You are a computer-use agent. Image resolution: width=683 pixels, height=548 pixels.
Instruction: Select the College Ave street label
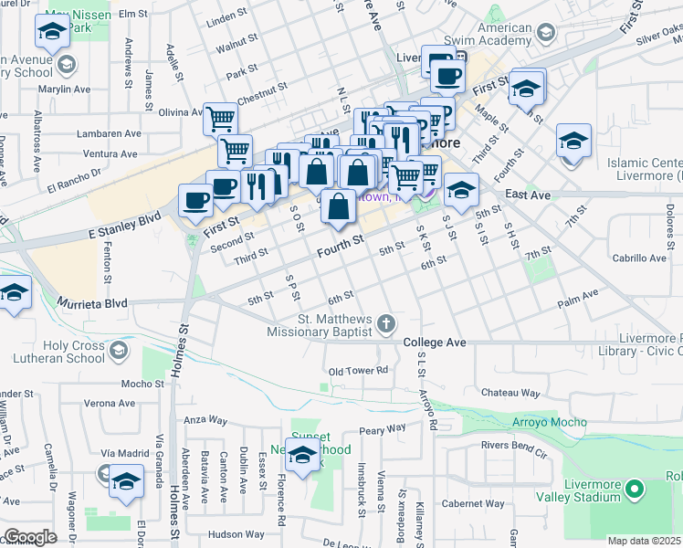pos(435,342)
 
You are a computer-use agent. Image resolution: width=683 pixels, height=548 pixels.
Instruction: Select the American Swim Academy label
pos(492,34)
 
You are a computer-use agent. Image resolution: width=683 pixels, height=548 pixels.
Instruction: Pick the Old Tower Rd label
pos(359,370)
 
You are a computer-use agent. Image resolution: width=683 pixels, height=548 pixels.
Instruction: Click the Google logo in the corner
pos(30,537)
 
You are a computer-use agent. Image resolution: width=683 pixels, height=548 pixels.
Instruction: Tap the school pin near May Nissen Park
pos(52,33)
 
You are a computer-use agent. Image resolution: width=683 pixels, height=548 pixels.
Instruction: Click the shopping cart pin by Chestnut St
pos(220,119)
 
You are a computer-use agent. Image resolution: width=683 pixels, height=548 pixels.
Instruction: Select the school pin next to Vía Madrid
pos(126,480)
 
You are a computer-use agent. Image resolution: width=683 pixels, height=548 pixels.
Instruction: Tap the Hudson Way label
pos(236,534)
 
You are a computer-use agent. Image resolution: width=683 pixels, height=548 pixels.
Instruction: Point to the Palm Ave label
pos(577,294)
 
